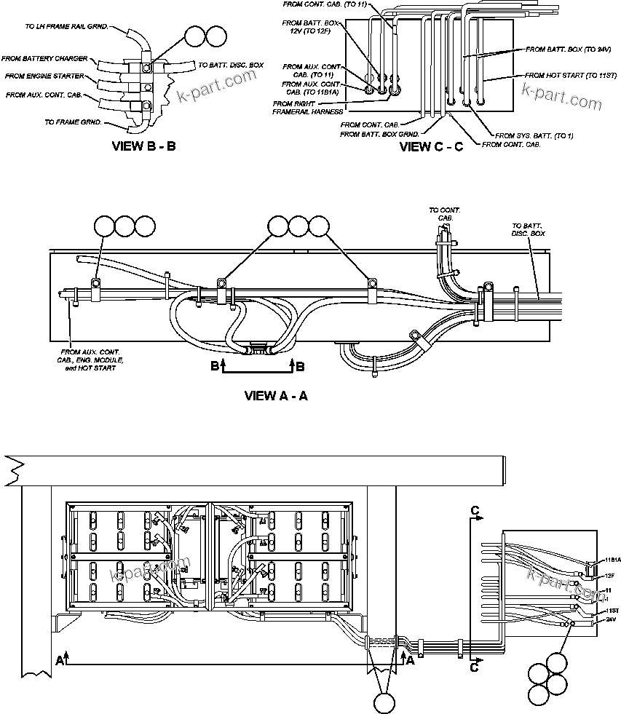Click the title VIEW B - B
(143, 146)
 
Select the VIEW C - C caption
(432, 147)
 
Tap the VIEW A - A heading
(276, 396)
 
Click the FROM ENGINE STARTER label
(45, 76)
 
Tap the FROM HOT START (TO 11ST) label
(561, 75)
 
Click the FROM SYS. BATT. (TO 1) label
(534, 135)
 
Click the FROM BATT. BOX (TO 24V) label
(568, 49)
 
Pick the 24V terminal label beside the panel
(609, 619)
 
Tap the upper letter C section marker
(475, 512)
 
